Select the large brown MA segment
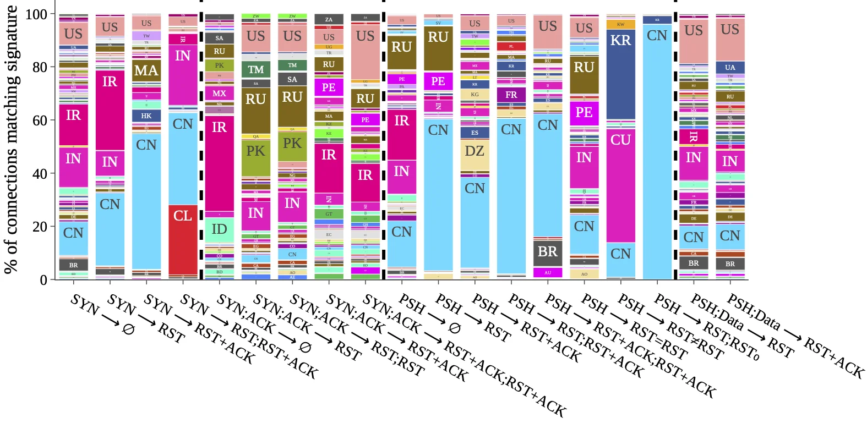coord(146,70)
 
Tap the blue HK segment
coord(146,116)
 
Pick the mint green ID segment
coord(219,228)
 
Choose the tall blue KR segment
coord(620,74)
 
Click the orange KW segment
coord(620,24)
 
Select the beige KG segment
coord(475,95)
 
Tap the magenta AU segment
coord(547,272)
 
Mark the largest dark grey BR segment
coord(547,252)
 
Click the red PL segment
coord(511,47)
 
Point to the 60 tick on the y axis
coord(53,120)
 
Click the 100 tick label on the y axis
coord(36,14)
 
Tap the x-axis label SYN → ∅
coord(102,314)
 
